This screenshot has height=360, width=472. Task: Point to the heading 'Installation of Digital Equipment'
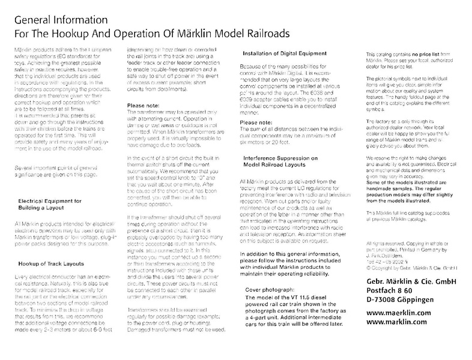click(x=286, y=55)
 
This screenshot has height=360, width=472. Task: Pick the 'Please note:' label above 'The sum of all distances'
click(x=257, y=123)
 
